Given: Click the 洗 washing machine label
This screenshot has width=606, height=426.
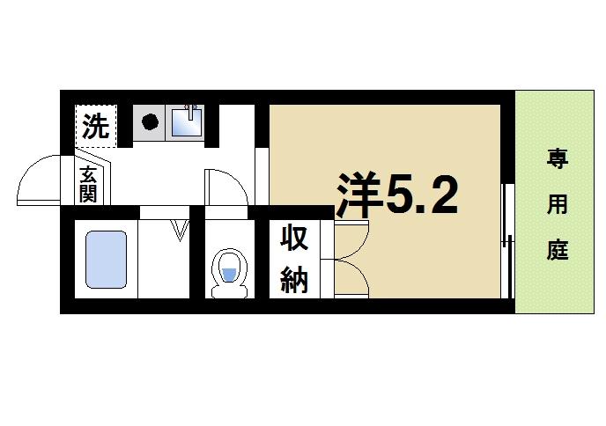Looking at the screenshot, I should (95, 127).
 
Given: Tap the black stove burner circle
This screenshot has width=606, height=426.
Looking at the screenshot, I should (150, 122).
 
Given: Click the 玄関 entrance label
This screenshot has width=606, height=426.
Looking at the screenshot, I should (88, 183).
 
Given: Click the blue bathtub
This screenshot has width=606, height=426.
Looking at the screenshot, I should (106, 260).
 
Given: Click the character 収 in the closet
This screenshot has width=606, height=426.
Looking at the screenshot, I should (293, 239).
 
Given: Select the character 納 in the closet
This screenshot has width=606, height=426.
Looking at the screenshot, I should (293, 281).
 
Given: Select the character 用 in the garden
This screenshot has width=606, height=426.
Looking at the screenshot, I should (557, 205).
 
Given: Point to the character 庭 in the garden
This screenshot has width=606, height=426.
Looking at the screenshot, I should (557, 250).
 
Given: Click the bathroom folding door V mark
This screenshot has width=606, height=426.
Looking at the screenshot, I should (181, 231).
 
